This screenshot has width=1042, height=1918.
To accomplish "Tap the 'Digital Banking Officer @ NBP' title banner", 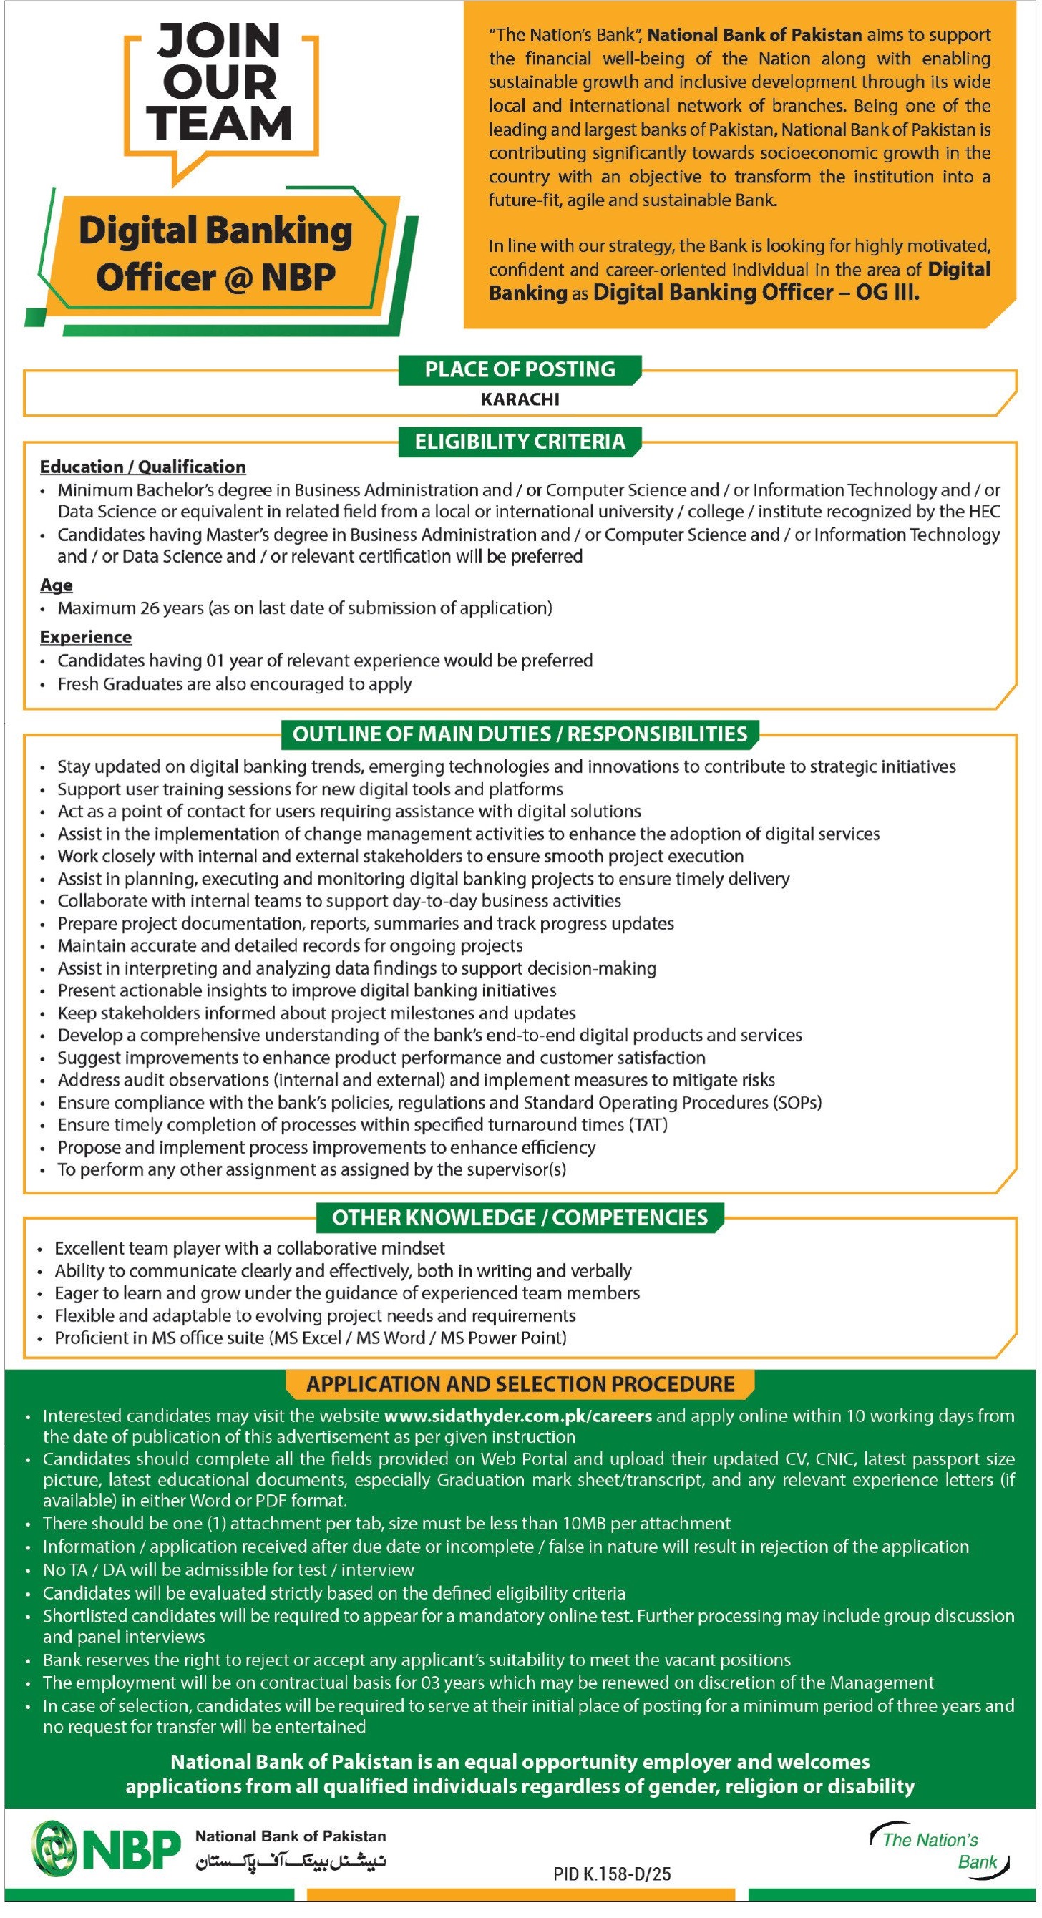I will click(216, 254).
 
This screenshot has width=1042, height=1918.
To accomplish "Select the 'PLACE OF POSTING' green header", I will click(520, 370).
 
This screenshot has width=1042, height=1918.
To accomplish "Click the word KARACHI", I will click(520, 400).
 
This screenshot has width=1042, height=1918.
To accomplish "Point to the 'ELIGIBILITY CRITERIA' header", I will click(520, 442).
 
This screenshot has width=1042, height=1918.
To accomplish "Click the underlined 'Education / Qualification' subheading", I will click(143, 467).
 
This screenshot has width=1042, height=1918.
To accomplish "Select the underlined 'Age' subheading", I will click(57, 586).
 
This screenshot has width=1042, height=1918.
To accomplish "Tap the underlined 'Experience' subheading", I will click(86, 638).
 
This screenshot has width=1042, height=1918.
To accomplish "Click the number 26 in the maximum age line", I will click(150, 609).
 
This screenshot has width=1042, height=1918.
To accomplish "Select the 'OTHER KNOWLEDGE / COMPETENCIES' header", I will click(520, 1219).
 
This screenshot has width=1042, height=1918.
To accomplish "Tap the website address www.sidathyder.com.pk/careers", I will click(518, 1417).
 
